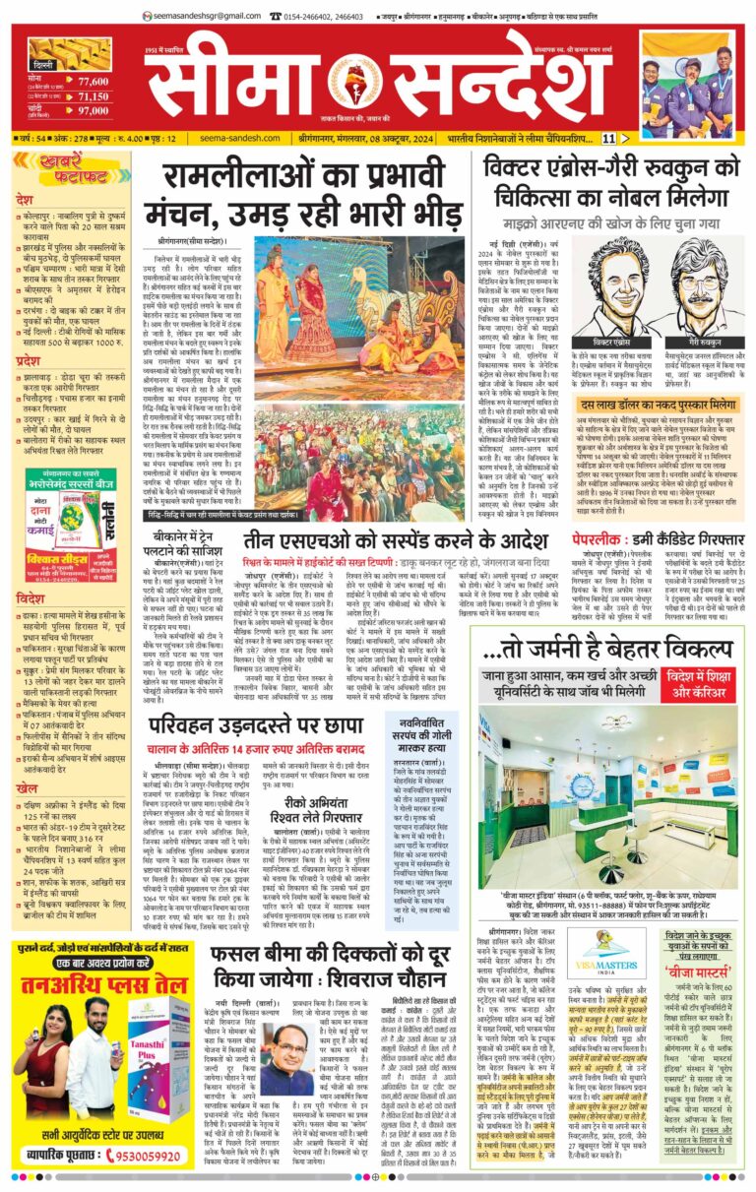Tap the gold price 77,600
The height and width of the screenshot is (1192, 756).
93,83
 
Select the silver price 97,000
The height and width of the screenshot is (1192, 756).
94,112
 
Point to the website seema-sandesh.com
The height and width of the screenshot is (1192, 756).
230,139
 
